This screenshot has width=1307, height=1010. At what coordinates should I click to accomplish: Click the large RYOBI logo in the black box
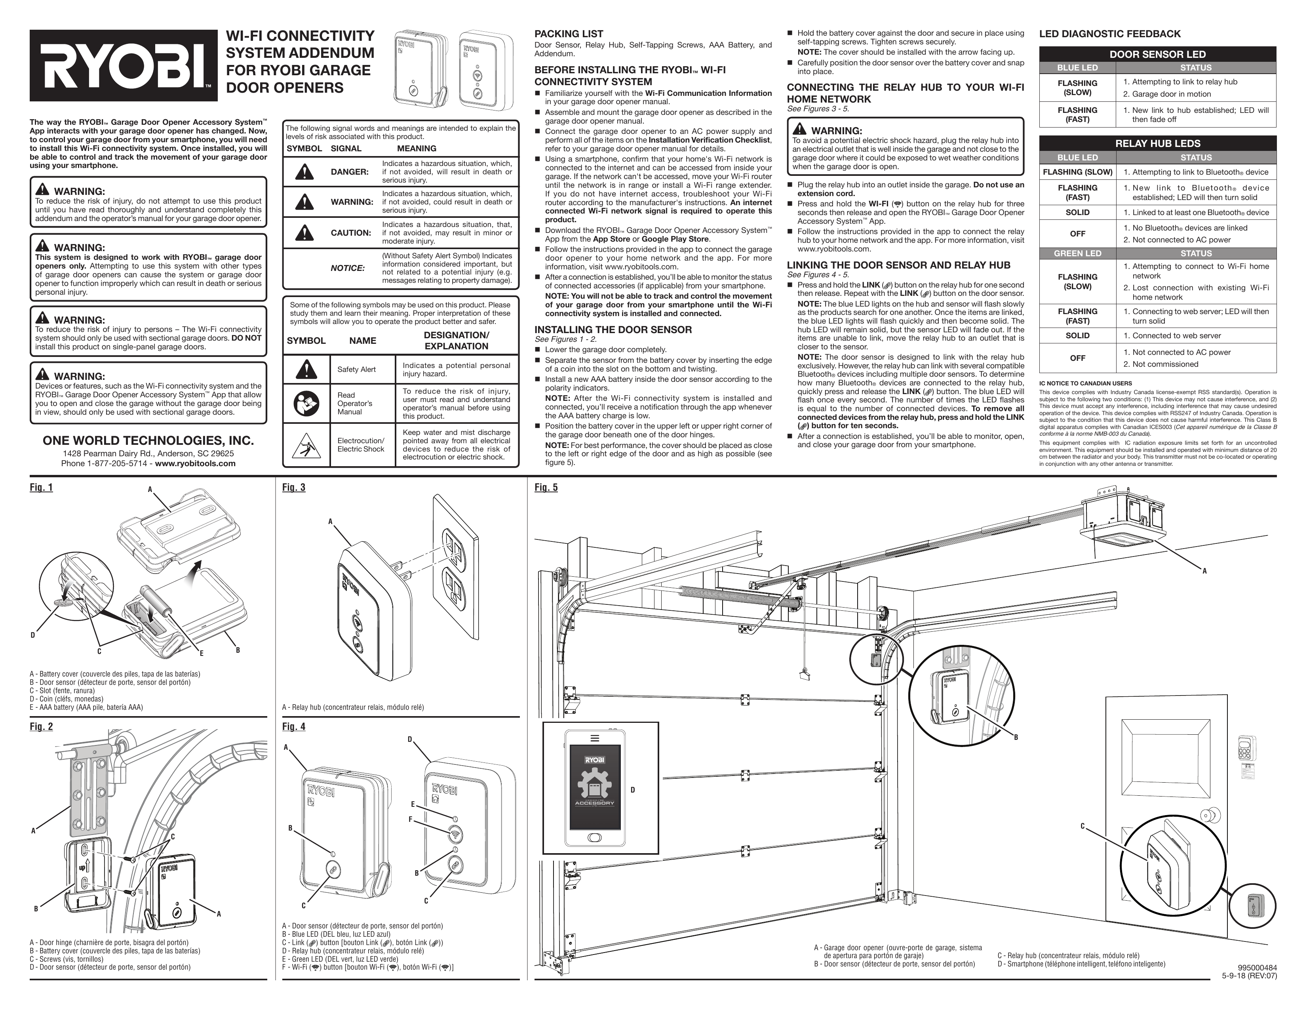click(123, 65)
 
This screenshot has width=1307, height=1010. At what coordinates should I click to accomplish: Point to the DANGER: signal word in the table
click(350, 172)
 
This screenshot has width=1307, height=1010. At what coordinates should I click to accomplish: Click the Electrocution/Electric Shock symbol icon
click(306, 445)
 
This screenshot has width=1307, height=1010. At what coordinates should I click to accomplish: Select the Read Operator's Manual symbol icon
click(306, 404)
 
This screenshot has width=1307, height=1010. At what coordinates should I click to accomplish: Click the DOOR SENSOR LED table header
click(1157, 54)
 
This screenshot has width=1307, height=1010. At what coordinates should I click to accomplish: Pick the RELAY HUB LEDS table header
click(1157, 144)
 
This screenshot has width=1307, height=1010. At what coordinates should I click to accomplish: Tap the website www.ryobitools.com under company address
click(195, 463)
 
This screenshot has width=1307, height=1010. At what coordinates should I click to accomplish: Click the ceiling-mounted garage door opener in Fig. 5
click(1124, 518)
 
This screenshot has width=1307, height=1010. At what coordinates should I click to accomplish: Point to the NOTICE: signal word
click(348, 268)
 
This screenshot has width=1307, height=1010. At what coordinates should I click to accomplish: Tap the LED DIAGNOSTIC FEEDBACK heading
click(1109, 34)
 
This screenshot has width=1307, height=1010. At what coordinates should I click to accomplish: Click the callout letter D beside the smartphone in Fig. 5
click(633, 790)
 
